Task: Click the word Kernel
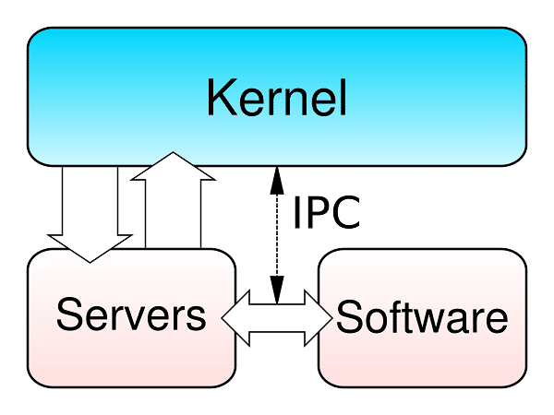pos(276,97)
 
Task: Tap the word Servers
pos(130,316)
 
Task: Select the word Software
pos(422,318)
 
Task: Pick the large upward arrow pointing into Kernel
pos(173,203)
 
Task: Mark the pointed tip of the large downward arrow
pos(90,261)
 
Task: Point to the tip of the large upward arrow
pos(173,153)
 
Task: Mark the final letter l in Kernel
pos(342,97)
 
